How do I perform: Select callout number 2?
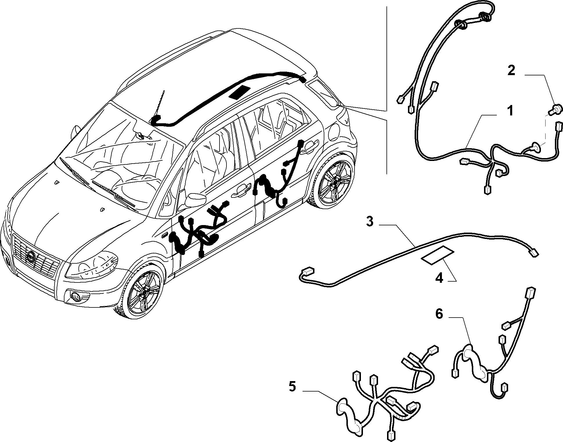click(x=511, y=70)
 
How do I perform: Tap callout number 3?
click(x=370, y=222)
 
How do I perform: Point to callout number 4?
click(x=439, y=279)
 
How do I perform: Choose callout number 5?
click(x=292, y=387)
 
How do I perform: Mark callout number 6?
click(x=439, y=314)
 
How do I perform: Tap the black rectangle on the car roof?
click(x=240, y=92)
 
